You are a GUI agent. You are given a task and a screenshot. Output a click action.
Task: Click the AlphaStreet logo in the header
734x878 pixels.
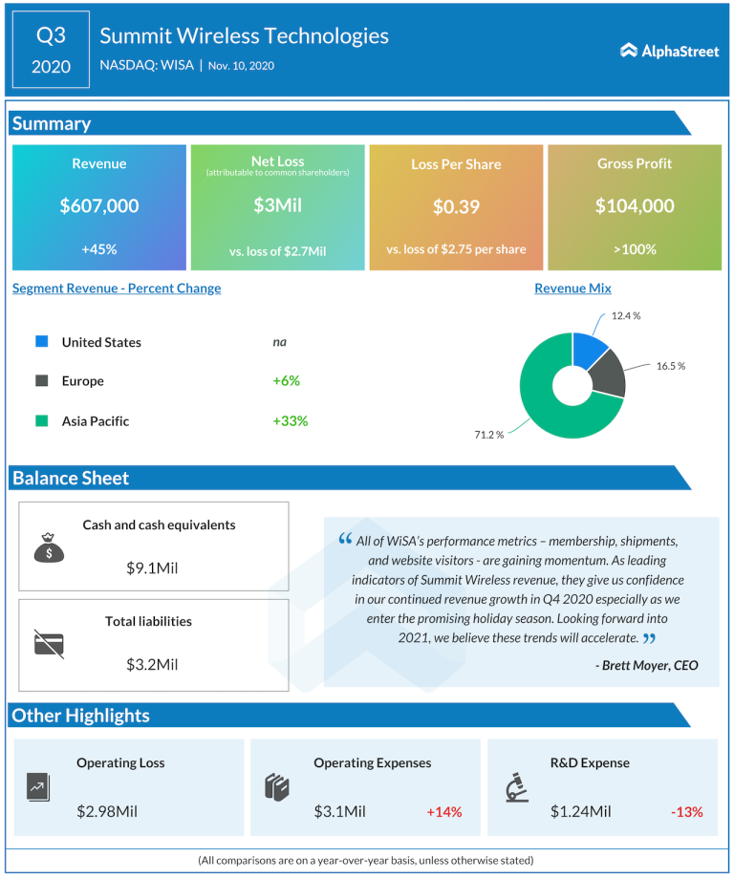click(669, 51)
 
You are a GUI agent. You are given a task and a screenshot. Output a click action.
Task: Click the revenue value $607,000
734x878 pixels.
click(99, 205)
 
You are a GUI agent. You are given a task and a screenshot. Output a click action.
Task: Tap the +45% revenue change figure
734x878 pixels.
click(99, 249)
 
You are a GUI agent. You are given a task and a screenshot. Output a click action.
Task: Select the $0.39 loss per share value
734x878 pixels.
click(456, 206)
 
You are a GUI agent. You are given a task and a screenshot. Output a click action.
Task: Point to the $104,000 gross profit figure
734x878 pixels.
click(635, 205)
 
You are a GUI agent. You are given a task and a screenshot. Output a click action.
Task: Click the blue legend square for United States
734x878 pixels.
click(42, 342)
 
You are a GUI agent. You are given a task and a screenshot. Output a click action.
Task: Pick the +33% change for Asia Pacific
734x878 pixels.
click(290, 420)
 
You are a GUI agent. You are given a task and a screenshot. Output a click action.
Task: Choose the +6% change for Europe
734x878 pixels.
click(286, 380)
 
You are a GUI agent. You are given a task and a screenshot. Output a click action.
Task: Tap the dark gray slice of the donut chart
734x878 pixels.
click(609, 373)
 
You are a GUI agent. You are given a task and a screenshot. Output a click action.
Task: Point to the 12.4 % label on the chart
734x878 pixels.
click(626, 316)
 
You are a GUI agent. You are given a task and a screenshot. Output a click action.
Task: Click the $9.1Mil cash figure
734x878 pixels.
click(152, 568)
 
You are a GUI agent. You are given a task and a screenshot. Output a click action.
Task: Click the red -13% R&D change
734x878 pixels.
click(686, 812)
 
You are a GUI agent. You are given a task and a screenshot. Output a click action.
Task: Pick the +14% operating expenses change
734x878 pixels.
click(444, 812)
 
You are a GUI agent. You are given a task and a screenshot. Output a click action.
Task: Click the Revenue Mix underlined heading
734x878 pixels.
click(572, 289)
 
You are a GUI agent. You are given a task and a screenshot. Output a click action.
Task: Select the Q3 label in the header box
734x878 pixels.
click(51, 35)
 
